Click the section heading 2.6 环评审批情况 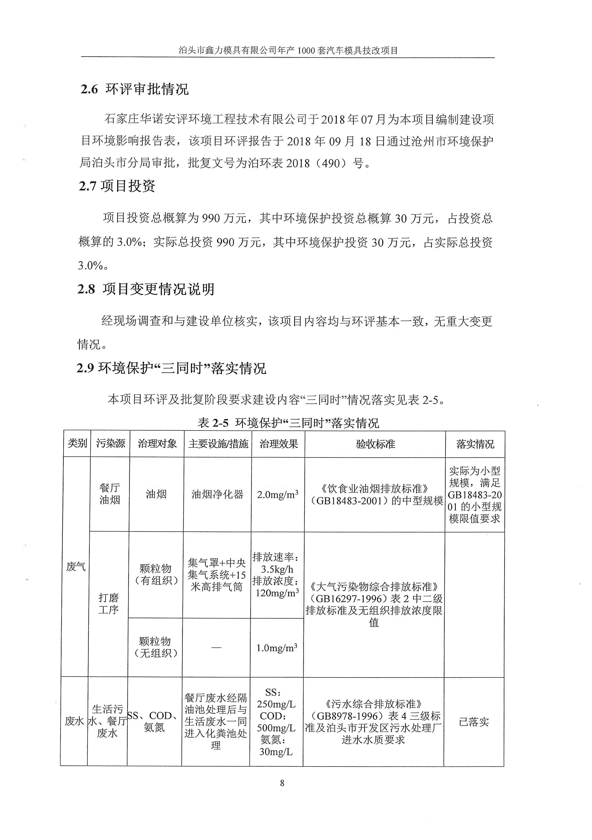pos(135,89)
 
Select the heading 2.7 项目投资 pos(117,186)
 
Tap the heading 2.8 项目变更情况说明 pos(146,289)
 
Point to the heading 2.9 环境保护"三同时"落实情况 pos(171,368)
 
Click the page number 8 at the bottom pos(282,783)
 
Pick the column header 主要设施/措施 pos(218,444)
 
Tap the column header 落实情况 pos(475,444)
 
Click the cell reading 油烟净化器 pos(217,494)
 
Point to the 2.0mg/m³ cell pos(277,494)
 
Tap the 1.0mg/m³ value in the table pos(277,648)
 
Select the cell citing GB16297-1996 pos(374,604)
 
